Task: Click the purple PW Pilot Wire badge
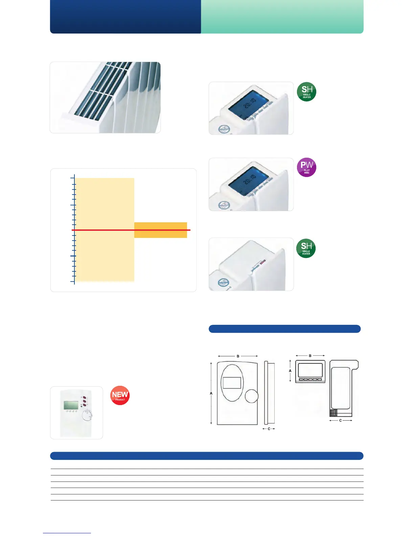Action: pos(306,167)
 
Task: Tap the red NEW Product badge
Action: pos(120,396)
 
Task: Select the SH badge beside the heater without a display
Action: pos(306,248)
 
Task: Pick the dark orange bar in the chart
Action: pos(161,230)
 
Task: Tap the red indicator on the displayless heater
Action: pos(263,262)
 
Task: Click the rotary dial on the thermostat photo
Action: pos(87,416)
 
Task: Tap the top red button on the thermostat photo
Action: pos(84,398)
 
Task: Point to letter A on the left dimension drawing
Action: pos(211,394)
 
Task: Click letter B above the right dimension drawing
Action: pos(310,356)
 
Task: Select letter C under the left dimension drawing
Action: pos(269,429)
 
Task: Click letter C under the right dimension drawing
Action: pos(341,420)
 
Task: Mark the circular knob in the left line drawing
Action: pos(252,396)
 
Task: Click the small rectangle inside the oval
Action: pos(232,383)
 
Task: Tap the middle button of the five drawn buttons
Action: pos(310,379)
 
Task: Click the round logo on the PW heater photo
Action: pos(223,205)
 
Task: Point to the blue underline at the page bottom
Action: pos(67,533)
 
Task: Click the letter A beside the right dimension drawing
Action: pos(290,371)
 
